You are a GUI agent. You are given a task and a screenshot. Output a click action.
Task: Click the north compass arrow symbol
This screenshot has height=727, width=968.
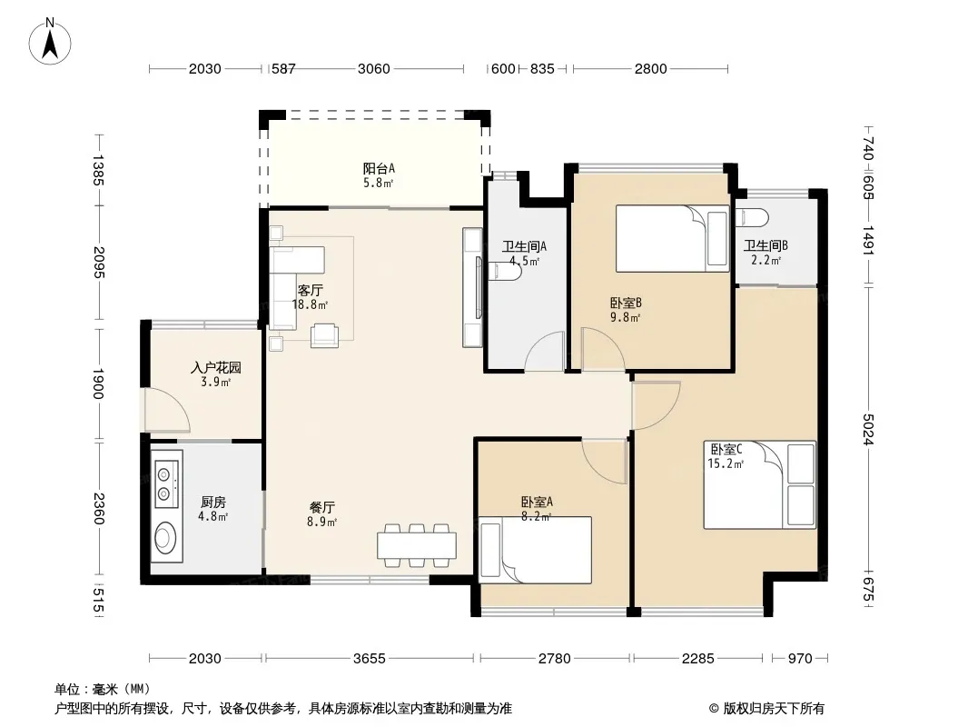tap(50, 41)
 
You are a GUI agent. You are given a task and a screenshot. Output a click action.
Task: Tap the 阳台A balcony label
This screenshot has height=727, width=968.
tap(379, 168)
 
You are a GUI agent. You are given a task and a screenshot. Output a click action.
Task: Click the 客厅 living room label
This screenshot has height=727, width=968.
tap(310, 290)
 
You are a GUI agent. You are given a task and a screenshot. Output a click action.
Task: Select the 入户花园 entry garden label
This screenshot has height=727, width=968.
tap(215, 367)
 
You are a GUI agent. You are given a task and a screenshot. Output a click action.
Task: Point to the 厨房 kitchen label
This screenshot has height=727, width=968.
tap(212, 503)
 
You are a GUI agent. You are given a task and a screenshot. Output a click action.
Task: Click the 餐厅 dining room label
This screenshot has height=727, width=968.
tap(321, 508)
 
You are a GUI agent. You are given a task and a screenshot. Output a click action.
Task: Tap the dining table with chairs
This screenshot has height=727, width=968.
tap(417, 545)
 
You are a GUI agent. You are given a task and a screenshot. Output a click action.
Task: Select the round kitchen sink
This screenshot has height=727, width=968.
tap(165, 537)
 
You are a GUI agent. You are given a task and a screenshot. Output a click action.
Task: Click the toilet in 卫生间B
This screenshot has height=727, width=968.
tap(751, 217)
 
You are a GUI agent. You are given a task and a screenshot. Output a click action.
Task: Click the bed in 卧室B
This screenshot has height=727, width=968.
tap(672, 238)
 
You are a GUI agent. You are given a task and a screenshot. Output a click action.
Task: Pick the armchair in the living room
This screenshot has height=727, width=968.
tap(325, 335)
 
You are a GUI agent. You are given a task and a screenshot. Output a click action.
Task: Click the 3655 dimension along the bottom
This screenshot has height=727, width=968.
tap(370, 659)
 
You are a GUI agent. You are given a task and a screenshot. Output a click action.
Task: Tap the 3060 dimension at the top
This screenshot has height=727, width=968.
tap(373, 68)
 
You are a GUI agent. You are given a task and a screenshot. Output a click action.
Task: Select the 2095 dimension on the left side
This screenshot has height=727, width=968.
tap(99, 262)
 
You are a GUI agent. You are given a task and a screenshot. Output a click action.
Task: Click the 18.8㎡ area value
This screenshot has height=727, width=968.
tap(310, 304)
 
